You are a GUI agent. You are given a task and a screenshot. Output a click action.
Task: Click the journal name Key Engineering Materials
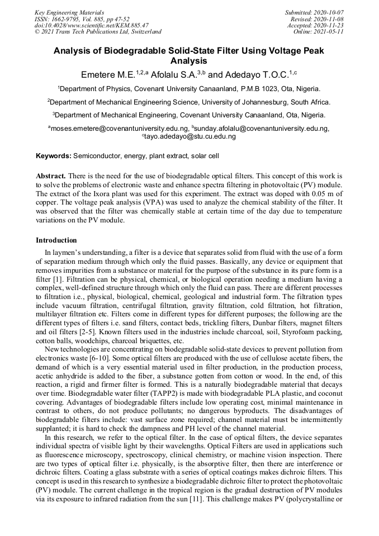69,12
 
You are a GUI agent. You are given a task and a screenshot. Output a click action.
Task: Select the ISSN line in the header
82,18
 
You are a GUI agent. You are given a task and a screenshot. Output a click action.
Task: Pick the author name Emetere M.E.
106,74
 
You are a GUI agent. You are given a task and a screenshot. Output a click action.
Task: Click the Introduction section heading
56,240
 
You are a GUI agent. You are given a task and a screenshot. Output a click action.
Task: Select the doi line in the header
92,25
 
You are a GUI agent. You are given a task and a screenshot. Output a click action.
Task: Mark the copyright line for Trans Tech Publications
98,32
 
